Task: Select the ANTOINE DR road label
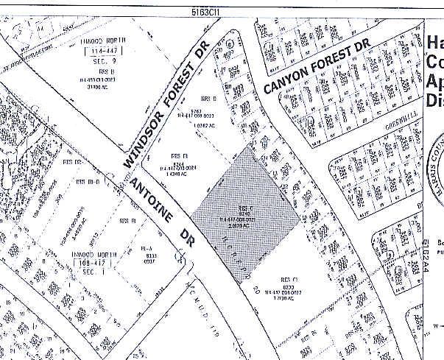point(158,208)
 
